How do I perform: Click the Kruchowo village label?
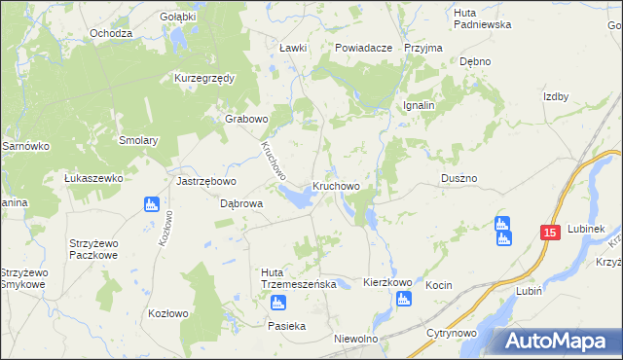click(336, 186)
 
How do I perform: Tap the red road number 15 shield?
click(550, 233)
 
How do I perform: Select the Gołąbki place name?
click(178, 17)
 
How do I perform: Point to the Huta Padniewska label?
click(482, 17)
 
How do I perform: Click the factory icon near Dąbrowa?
click(151, 204)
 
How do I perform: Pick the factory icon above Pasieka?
click(276, 305)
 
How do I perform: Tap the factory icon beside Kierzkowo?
click(404, 299)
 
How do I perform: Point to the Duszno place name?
click(458, 179)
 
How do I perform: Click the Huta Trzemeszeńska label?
click(299, 277)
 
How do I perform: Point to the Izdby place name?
click(556, 96)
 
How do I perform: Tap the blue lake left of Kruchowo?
click(298, 198)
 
